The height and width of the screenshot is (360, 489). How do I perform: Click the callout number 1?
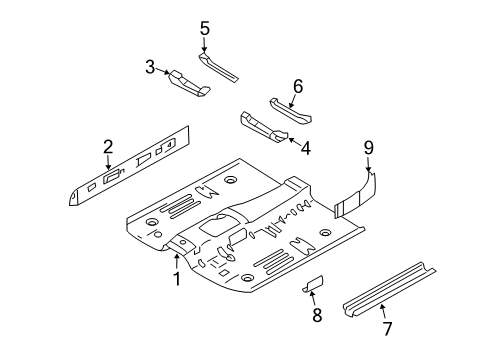177,279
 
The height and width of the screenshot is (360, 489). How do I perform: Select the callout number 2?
108,147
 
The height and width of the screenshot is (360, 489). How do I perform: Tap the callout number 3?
150,67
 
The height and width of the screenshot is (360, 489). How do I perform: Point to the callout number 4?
306,148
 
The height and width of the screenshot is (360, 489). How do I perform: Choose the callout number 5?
205,28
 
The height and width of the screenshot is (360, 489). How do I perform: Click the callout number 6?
298,86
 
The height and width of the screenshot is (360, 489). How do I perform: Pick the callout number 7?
387,329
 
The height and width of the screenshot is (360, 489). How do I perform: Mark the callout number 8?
317,315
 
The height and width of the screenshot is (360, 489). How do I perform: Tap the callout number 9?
368,148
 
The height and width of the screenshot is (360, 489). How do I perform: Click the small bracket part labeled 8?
313,284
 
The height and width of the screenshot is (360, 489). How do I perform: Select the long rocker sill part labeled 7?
389,290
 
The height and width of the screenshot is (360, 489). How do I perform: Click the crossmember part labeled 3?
189,83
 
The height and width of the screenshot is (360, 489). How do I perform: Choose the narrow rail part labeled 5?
218,67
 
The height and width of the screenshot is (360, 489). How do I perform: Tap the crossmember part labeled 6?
290,112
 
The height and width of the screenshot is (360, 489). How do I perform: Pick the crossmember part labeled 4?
264,127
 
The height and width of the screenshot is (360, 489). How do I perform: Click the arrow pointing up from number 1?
177,261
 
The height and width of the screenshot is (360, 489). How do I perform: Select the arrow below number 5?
204,45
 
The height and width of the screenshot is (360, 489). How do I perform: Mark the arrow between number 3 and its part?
163,70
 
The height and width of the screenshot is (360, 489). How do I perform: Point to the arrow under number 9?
368,164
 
